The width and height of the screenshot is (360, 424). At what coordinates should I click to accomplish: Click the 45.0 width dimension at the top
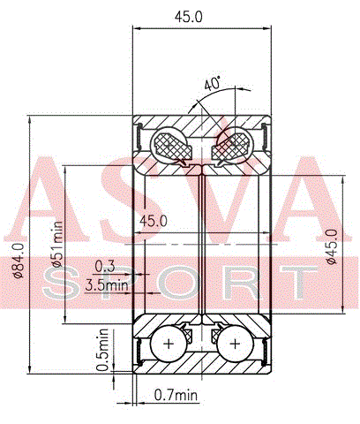coord(189,17)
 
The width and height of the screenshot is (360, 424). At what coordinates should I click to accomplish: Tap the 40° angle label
coord(213,84)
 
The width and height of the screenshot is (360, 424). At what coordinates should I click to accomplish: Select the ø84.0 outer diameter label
coord(19,261)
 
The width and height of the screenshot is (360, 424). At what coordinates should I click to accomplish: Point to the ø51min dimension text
coord(56,244)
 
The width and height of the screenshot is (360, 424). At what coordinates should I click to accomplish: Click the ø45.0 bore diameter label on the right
coord(332,246)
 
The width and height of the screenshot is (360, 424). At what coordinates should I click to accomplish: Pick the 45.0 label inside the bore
coord(154,221)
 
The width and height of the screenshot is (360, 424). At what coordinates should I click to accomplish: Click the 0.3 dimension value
coord(105,266)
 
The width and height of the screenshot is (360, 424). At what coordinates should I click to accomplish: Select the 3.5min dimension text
coord(107,284)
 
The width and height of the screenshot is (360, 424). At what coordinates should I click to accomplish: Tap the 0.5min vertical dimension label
coord(102,350)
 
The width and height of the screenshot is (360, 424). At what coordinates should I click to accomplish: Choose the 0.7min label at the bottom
coord(176,394)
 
